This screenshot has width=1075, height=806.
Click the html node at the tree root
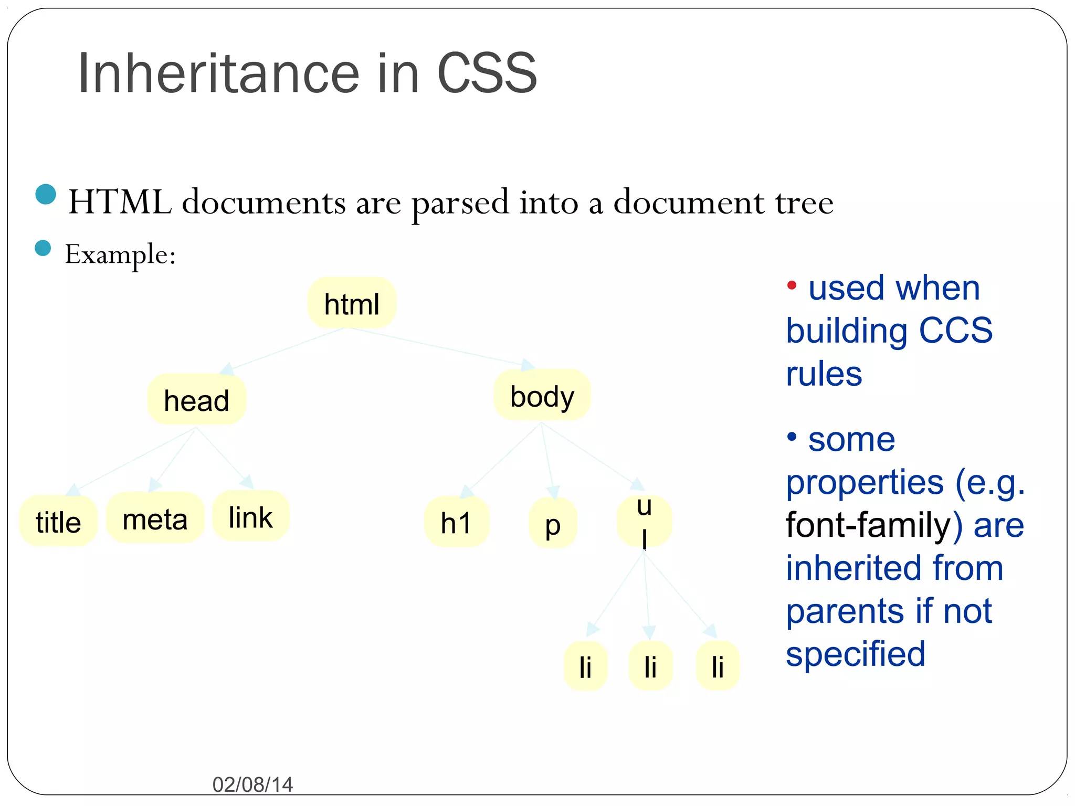tap(352, 303)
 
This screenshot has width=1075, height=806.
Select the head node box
tap(197, 400)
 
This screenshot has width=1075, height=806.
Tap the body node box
tap(542, 396)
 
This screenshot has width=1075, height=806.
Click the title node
tap(58, 522)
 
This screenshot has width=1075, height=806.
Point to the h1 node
tap(456, 523)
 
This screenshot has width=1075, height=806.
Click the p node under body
tap(553, 524)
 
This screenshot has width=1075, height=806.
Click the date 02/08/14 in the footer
tap(252, 784)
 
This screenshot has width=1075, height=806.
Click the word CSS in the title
tap(487, 73)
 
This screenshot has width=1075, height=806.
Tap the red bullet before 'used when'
tap(792, 285)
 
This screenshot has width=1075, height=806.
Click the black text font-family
tap(868, 525)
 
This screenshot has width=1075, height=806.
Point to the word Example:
tap(120, 255)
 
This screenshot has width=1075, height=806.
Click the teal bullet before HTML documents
tap(46, 194)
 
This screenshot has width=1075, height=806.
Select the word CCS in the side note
tap(955, 331)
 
